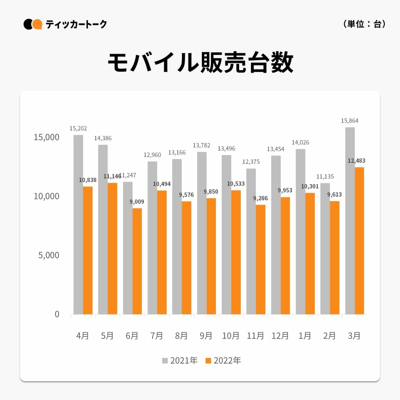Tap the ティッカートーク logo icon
pos(33,24)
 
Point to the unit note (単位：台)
pos(364,24)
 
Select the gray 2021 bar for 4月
pos(78,224)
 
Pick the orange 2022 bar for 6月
pos(137,261)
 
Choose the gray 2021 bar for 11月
pos(251,241)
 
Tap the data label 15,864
pos(349,121)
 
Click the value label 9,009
pos(137,202)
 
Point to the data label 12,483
pos(356,161)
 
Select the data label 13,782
pos(201,145)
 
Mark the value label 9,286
pos(260,198)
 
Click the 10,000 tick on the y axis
pos(46,196)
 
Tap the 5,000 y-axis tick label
pos(49,255)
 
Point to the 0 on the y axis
pos(57,314)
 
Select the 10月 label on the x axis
pos(231,336)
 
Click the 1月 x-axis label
pos(305,336)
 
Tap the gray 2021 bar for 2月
pos(325,249)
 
